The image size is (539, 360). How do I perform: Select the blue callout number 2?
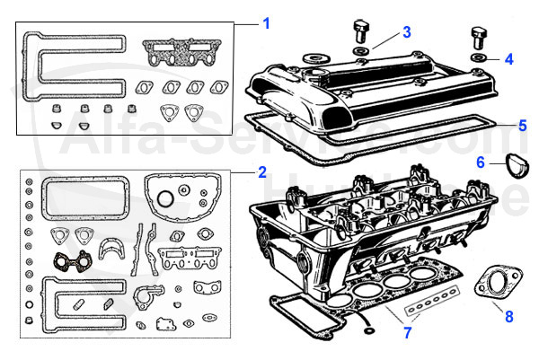pos(261,171)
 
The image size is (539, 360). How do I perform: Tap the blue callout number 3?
pos(406,32)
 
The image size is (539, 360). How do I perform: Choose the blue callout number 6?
pos(481,163)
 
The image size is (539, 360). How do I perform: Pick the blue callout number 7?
pos(408,334)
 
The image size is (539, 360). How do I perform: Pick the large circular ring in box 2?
pos(166,198)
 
